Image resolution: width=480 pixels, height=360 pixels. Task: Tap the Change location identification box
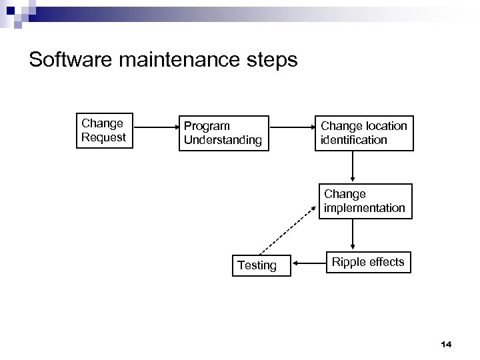[364, 133]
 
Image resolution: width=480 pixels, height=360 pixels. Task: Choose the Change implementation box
[364, 201]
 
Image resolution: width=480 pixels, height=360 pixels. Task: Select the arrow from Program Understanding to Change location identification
[292, 126]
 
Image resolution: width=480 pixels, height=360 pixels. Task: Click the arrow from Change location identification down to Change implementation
[353, 167]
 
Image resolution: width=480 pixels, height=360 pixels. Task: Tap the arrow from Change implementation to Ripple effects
[353, 234]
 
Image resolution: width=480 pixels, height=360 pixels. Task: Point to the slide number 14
[446, 344]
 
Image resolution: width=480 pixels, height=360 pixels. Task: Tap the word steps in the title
[273, 61]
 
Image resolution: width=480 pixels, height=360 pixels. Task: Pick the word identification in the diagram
[354, 139]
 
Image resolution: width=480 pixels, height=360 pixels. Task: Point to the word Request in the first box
[103, 137]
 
